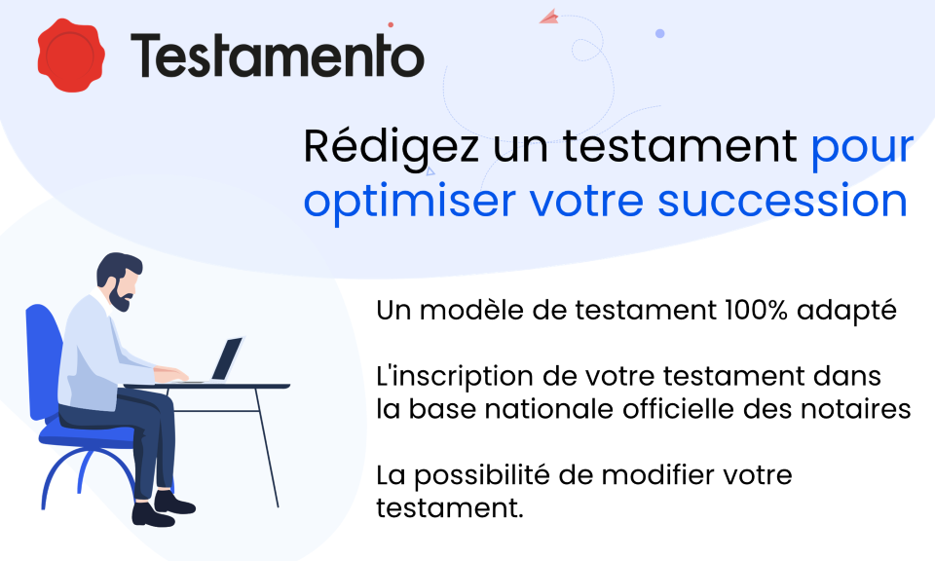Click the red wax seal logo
coord(70,55)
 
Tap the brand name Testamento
coord(278,56)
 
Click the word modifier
coord(653,476)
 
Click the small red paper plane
coord(548,16)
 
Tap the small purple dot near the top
coord(659,33)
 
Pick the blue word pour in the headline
coord(862,148)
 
